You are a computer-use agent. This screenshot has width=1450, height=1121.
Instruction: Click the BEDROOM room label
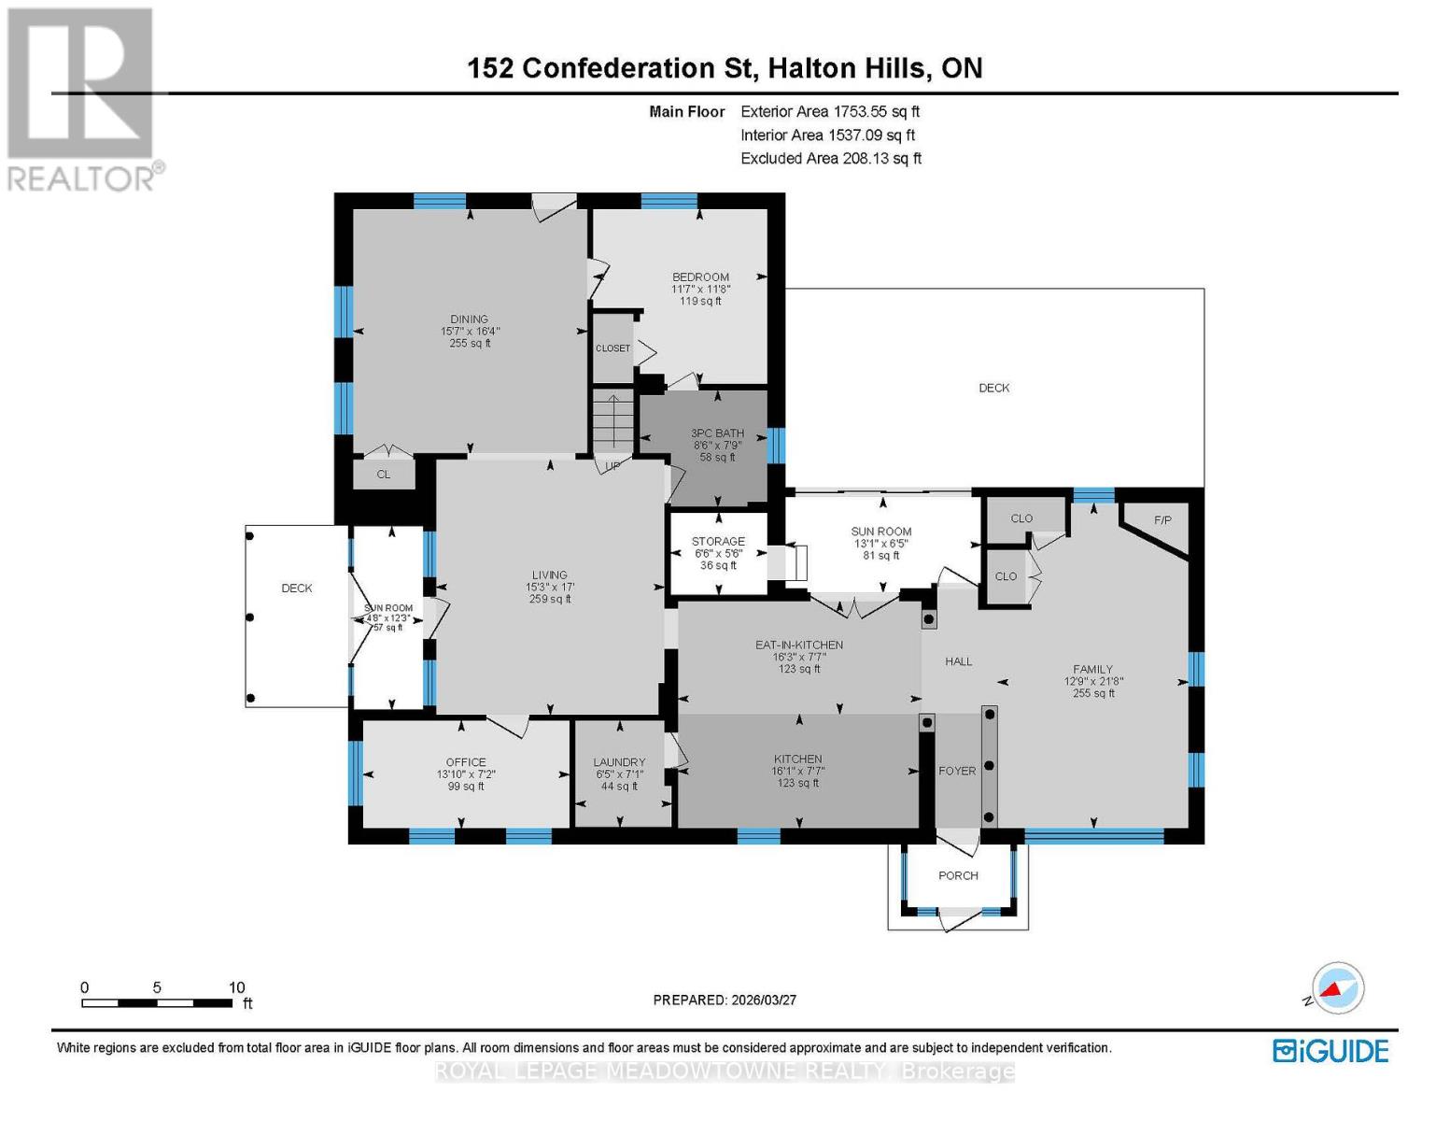[700, 277]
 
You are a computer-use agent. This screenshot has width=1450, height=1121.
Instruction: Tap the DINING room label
[469, 319]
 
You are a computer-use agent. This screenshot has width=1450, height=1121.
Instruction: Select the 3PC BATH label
[717, 433]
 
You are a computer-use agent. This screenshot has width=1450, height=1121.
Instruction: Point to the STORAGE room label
[718, 541]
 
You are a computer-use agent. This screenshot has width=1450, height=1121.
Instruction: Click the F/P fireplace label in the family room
[1162, 520]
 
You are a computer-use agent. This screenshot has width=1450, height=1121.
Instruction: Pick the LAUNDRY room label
[619, 762]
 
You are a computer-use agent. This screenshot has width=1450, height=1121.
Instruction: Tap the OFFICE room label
[466, 762]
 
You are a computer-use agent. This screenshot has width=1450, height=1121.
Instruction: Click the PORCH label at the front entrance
[958, 875]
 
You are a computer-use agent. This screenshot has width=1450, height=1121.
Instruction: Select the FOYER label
[957, 771]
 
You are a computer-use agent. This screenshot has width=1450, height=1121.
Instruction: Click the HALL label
[958, 661]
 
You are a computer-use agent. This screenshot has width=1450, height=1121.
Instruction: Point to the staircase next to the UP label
[612, 422]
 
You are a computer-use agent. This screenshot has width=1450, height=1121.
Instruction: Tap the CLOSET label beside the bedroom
[612, 348]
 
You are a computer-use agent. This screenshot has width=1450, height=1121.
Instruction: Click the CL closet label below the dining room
[383, 475]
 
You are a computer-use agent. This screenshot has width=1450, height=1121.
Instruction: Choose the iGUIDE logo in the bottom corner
[1330, 1051]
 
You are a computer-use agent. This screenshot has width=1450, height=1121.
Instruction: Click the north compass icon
[1337, 988]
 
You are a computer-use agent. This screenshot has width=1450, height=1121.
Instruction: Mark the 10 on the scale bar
[236, 987]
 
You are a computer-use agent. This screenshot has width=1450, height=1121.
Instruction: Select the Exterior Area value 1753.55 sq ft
[877, 111]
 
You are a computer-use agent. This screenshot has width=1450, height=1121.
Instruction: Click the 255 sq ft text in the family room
[1093, 693]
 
